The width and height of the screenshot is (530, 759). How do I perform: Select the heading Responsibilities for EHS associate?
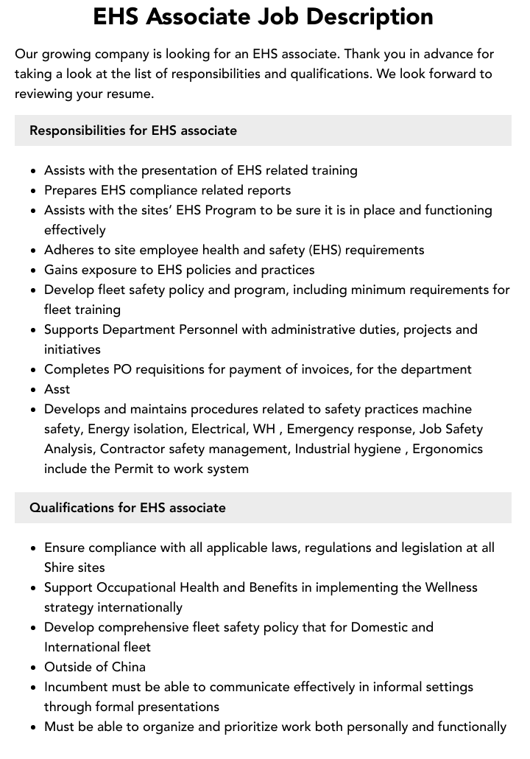133,130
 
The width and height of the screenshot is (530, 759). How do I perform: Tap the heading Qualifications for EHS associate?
127,508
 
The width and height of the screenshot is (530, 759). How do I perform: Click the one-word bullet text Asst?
57,389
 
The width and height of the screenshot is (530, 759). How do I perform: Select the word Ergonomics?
449,449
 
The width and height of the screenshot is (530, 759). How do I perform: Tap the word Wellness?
451,587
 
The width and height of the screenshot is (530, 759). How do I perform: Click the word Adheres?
71,250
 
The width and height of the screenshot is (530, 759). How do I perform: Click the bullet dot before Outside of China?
33,668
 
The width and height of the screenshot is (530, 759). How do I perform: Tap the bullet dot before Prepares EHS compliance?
33,191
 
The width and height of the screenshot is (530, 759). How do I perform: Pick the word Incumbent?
79,687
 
